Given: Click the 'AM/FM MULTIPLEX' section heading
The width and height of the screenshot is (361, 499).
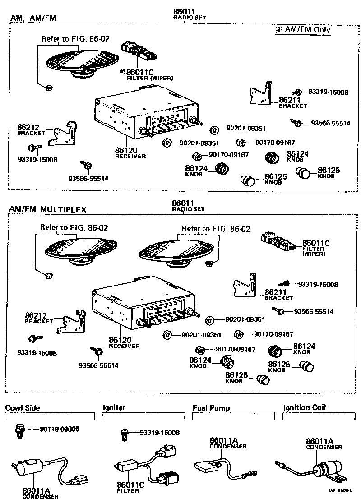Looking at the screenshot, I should (x=47, y=209).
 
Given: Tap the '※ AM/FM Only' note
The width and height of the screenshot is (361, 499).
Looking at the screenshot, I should (x=303, y=30).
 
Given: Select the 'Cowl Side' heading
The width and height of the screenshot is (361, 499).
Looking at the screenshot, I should (x=23, y=408).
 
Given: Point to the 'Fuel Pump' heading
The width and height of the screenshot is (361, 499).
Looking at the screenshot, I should (x=211, y=408).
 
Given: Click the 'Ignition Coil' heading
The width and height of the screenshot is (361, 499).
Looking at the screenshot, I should (x=305, y=407).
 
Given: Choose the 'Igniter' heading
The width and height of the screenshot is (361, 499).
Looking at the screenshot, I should (x=114, y=408).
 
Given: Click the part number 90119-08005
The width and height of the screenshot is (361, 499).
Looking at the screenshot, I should (x=60, y=429).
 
